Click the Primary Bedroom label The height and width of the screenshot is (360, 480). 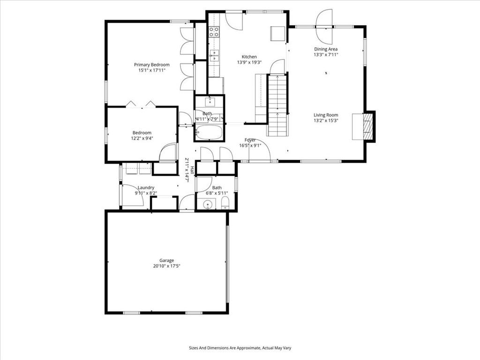point(151,65)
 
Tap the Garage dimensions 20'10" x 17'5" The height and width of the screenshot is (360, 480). point(166,266)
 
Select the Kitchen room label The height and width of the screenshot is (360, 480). point(249,57)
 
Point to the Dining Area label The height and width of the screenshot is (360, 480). point(326,49)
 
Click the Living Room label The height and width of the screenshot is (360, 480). point(326,115)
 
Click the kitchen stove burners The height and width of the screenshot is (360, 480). point(214,32)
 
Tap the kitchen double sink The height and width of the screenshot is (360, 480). point(214,56)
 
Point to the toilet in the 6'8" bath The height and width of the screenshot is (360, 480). point(225,203)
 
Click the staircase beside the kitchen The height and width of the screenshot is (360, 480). point(277,105)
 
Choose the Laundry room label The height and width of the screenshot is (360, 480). point(146,187)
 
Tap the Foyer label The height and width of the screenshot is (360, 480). point(250,140)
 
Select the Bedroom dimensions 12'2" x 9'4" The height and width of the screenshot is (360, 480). point(142,138)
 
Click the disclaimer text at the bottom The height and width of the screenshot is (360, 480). point(240,348)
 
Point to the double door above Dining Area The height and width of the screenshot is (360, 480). point(324,27)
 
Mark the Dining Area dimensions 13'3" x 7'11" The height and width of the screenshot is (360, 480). point(326,55)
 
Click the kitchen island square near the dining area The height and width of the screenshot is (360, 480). point(278,33)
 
